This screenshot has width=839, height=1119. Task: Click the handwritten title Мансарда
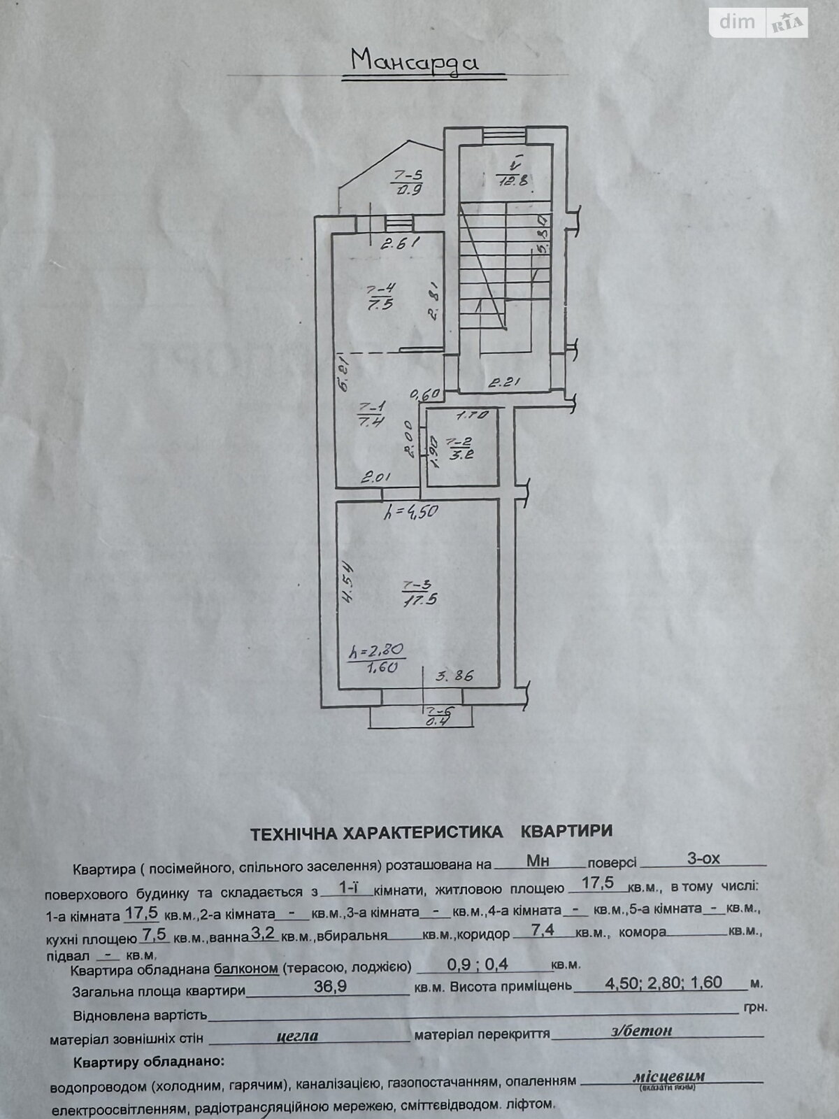pyautogui.click(x=415, y=62)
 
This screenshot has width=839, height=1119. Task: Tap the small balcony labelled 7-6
pyautogui.click(x=440, y=717)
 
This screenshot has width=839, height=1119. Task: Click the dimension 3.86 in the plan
pyautogui.click(x=455, y=676)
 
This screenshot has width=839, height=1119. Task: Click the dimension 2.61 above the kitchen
pyautogui.click(x=399, y=243)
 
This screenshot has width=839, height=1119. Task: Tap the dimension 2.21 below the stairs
pyautogui.click(x=506, y=382)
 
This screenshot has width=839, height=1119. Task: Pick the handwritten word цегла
pyautogui.click(x=298, y=1035)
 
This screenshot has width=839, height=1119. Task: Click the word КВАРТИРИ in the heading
pyautogui.click(x=567, y=831)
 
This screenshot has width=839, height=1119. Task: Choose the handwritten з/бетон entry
pyautogui.click(x=638, y=1029)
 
